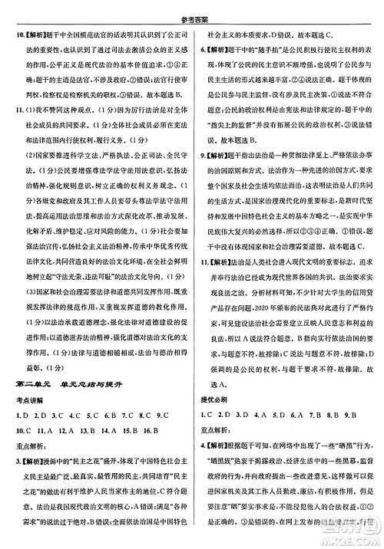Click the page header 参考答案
(191, 7)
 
